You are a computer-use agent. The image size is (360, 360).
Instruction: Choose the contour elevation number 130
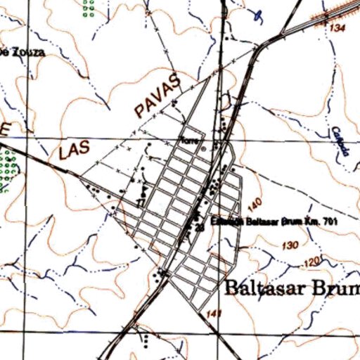289,246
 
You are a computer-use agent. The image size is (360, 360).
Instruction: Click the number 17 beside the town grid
141,202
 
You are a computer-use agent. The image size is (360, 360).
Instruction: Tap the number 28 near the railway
200,227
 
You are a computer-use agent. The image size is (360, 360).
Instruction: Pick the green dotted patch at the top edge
88,8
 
